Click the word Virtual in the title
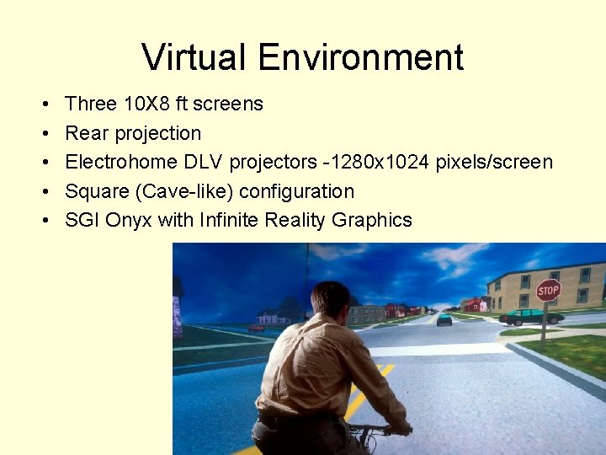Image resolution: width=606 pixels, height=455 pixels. pos(194,58)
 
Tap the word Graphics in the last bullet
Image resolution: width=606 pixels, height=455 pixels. pos(371,221)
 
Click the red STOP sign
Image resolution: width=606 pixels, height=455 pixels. pos(548,291)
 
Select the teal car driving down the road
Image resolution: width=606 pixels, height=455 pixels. pos(444,319)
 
